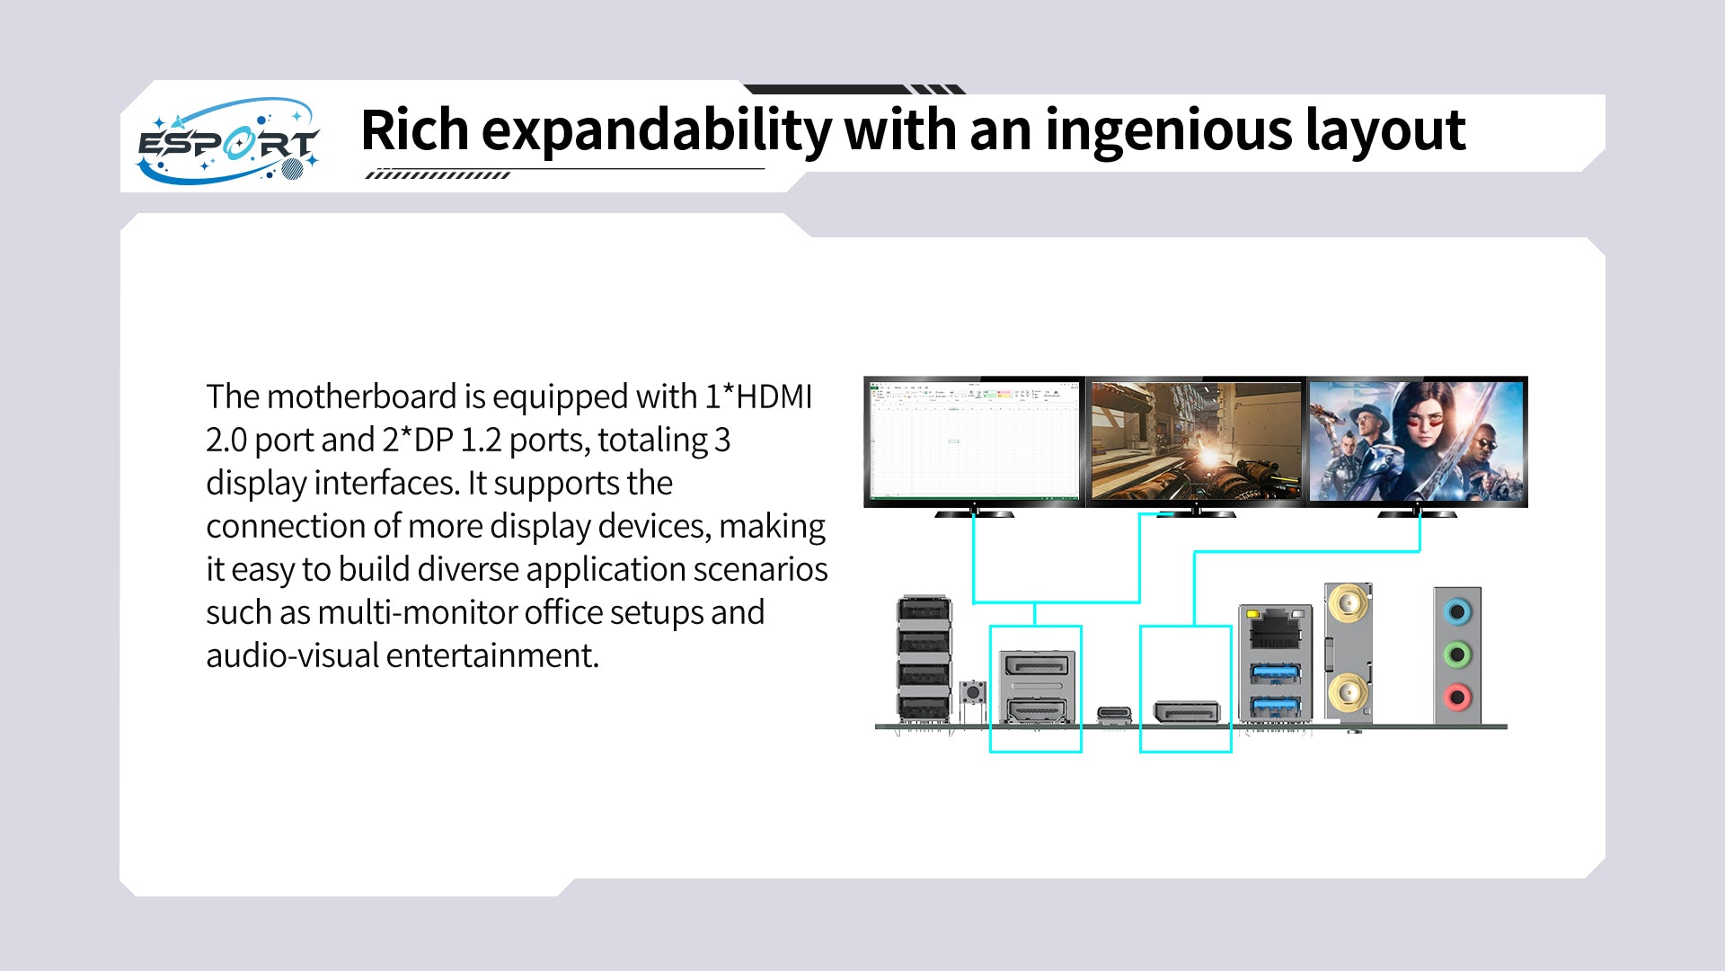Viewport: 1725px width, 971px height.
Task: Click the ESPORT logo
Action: pyautogui.click(x=228, y=140)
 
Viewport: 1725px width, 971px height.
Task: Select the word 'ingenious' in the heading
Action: pyautogui.click(x=1167, y=131)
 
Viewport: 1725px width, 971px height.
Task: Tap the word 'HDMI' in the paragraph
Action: pyautogui.click(x=774, y=396)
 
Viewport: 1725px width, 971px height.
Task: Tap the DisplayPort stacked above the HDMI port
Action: pyautogui.click(x=1037, y=666)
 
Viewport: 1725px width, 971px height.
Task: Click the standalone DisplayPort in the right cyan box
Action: pyautogui.click(x=1186, y=713)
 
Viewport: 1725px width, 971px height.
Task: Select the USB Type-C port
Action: pyautogui.click(x=1114, y=714)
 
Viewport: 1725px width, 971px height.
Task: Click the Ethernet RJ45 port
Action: pyautogui.click(x=1276, y=628)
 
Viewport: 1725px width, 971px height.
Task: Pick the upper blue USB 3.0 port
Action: pyautogui.click(x=1276, y=673)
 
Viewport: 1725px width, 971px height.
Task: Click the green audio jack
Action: pyautogui.click(x=1457, y=655)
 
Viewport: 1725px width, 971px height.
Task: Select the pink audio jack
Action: pyautogui.click(x=1457, y=696)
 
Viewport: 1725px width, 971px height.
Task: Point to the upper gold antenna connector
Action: pyautogui.click(x=1347, y=604)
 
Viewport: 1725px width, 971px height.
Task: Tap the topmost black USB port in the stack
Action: pyautogui.click(x=924, y=611)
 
